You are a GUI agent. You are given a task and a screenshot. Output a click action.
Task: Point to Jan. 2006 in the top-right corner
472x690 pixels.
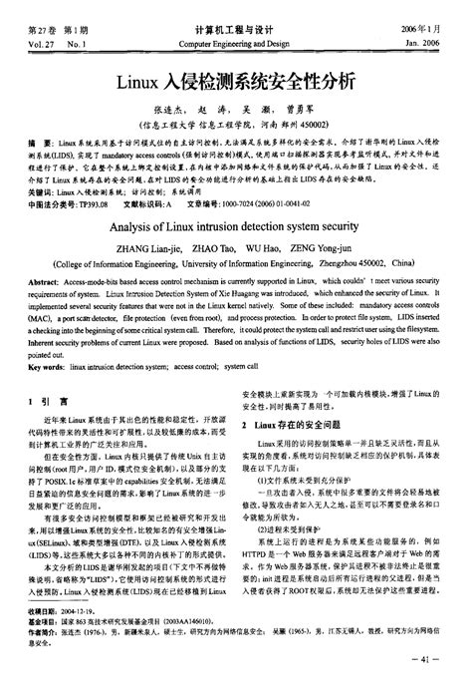(434, 45)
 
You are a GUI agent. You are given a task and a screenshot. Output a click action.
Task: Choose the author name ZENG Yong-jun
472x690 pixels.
(339, 249)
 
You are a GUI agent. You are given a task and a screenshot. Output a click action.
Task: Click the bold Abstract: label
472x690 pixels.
(46, 283)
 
